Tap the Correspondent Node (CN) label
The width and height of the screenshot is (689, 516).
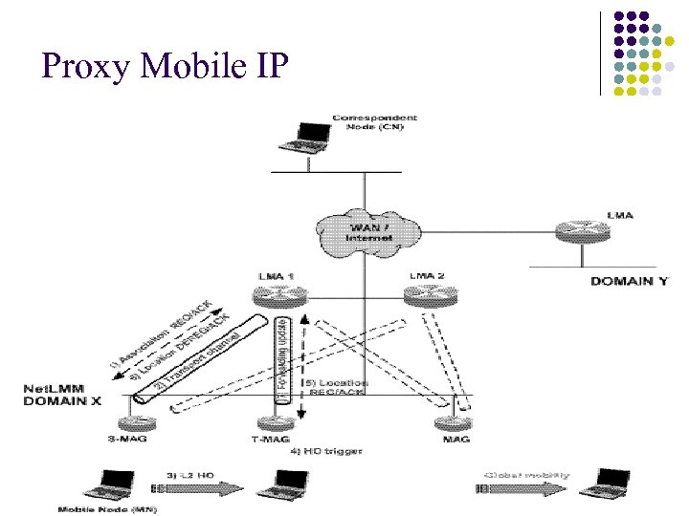click(x=374, y=123)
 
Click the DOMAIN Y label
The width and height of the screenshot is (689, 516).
click(x=629, y=281)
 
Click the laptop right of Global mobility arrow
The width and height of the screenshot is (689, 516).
click(x=611, y=482)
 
